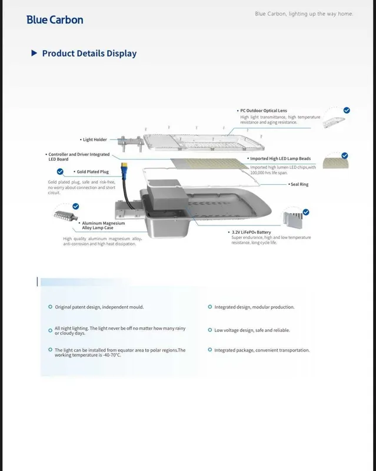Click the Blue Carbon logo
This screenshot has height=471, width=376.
[55, 20]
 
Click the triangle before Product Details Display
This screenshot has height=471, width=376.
[34, 53]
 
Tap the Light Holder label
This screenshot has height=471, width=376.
[95, 140]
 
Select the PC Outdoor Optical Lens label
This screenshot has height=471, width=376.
[264, 111]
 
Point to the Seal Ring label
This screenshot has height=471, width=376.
[299, 184]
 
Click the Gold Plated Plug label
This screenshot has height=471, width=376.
[92, 172]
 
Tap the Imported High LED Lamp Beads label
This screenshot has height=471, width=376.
[280, 158]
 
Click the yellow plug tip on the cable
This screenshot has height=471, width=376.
[123, 165]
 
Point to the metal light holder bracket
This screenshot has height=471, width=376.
[131, 144]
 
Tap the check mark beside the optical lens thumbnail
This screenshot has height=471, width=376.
[347, 110]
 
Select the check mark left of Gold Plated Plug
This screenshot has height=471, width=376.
[60, 171]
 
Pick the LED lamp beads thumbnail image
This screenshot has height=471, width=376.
[335, 162]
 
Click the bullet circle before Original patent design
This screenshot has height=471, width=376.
[50, 307]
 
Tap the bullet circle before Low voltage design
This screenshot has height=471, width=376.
[210, 330]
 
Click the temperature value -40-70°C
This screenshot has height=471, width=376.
[112, 355]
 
